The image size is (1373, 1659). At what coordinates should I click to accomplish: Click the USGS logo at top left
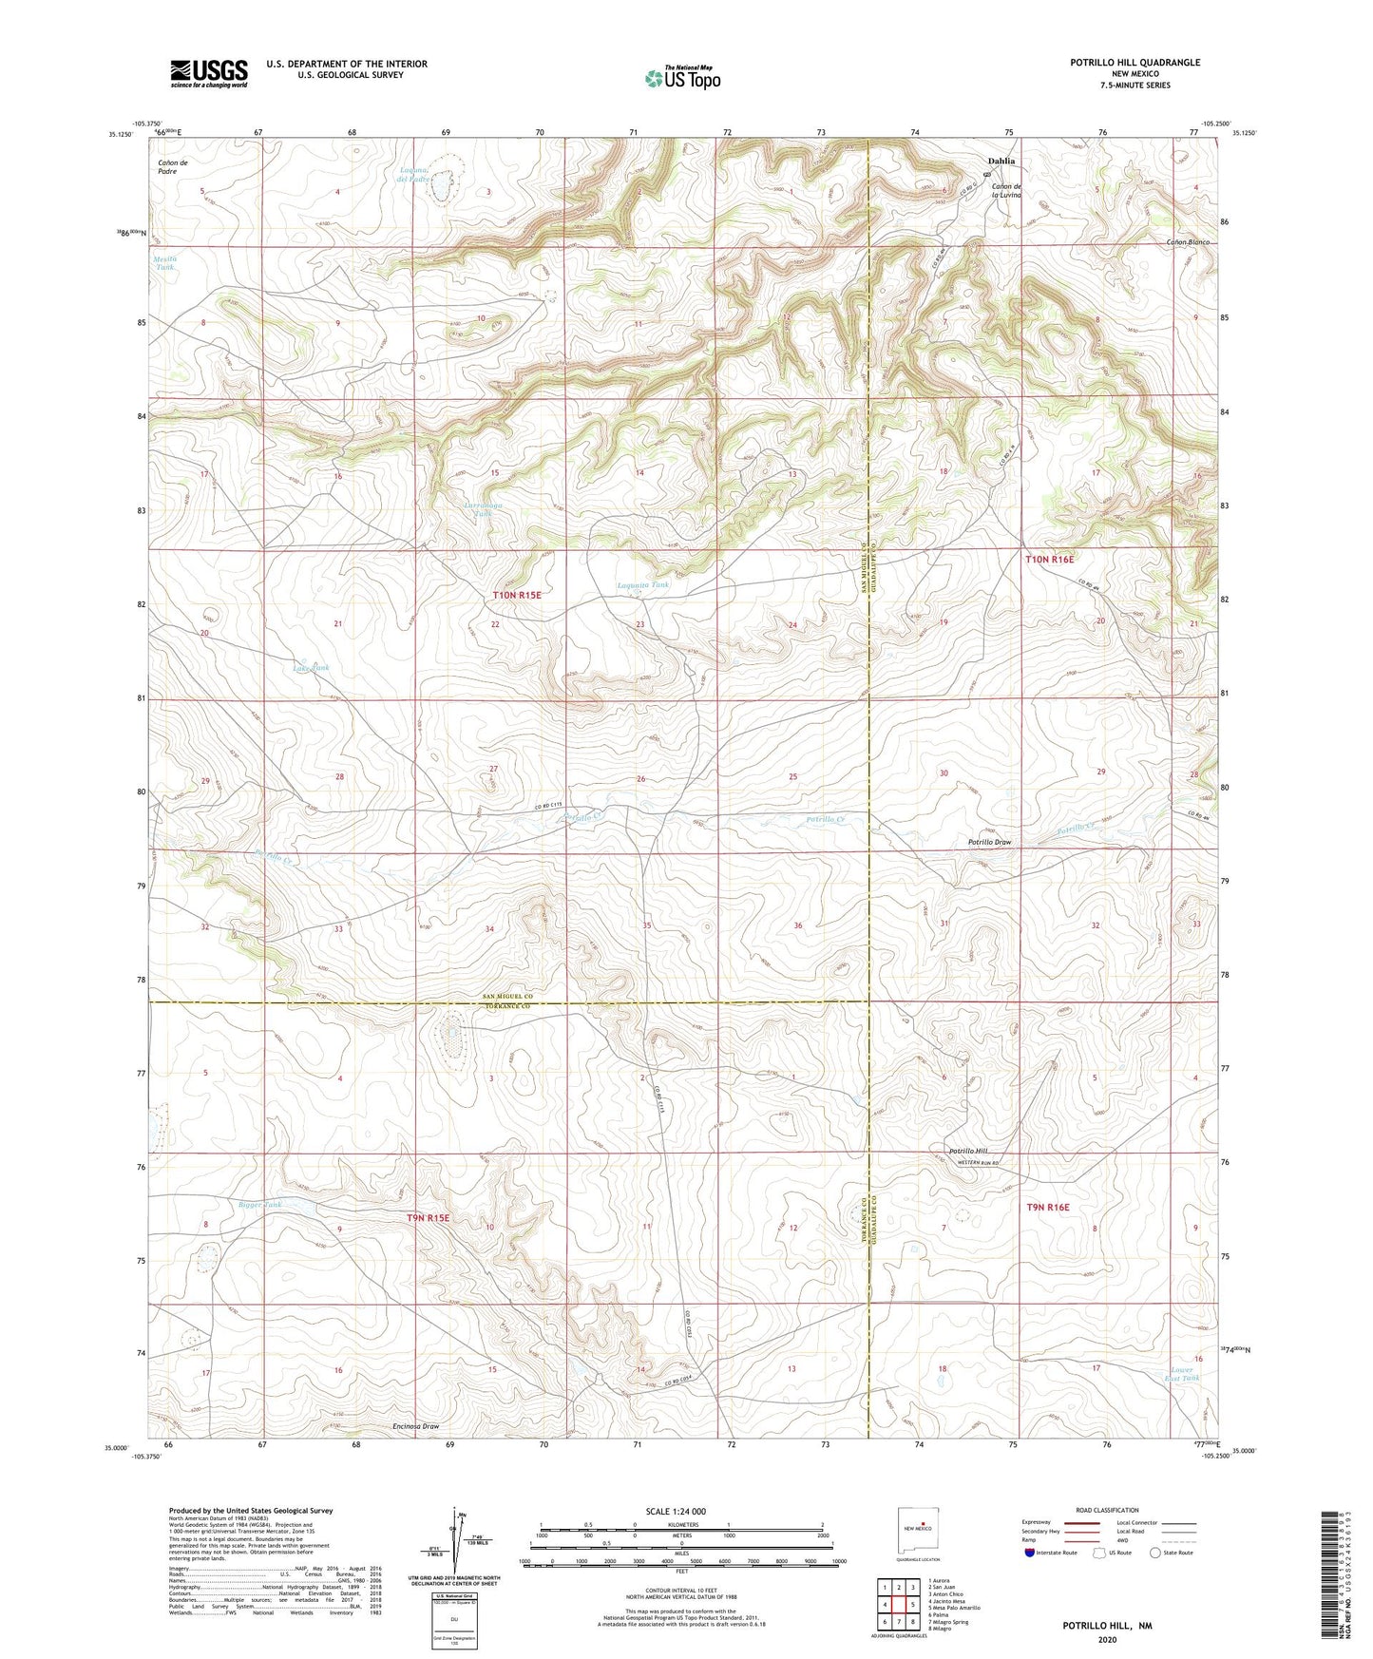pyautogui.click(x=208, y=72)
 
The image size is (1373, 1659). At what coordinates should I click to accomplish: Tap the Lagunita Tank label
pyautogui.click(x=643, y=585)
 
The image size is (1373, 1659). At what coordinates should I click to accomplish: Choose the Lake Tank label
pyautogui.click(x=311, y=668)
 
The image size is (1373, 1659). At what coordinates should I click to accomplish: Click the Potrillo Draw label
pyautogui.click(x=989, y=843)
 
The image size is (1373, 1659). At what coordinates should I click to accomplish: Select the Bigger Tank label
pyautogui.click(x=260, y=1205)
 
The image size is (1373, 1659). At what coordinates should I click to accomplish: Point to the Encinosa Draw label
pyautogui.click(x=416, y=1426)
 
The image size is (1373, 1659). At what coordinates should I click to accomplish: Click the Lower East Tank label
pyautogui.click(x=1183, y=1374)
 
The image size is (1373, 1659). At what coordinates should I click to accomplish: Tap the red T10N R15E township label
pyautogui.click(x=516, y=595)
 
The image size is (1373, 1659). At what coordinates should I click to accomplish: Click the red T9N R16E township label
pyautogui.click(x=1048, y=1207)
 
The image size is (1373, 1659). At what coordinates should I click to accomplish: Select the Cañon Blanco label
pyautogui.click(x=1188, y=242)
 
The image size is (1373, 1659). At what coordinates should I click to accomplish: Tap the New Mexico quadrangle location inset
pyautogui.click(x=918, y=1532)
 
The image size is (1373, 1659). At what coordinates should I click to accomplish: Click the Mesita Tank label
pyautogui.click(x=165, y=263)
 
